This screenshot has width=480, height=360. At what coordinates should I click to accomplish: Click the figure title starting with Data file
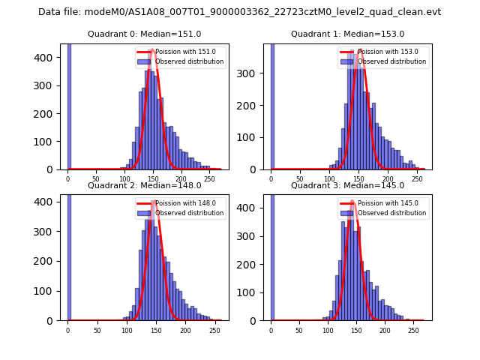tap(239, 12)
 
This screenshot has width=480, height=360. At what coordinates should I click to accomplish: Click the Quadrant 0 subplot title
tap(145, 34)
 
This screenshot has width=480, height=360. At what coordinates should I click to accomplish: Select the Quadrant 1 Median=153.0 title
tap(347, 34)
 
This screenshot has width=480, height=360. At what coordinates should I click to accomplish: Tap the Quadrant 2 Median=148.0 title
tap(145, 185)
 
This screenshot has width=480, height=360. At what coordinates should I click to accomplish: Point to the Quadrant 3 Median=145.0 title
tap(347, 185)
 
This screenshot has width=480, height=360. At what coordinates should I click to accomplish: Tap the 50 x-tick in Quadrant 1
tap(299, 178)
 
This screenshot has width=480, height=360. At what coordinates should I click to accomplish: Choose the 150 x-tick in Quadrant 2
tap(126, 330)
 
